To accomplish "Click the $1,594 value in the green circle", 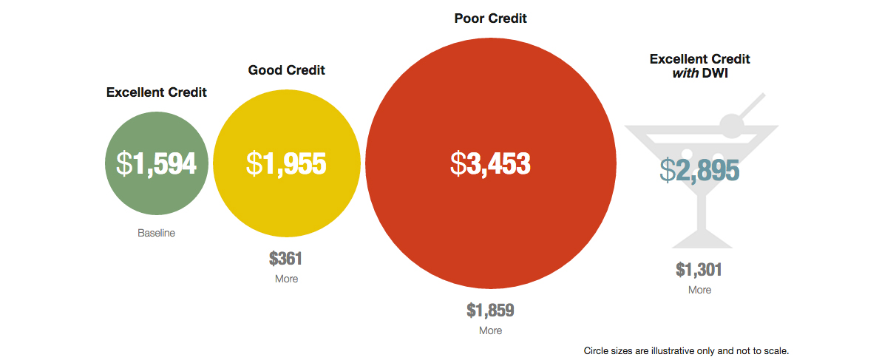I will pyautogui.click(x=157, y=163).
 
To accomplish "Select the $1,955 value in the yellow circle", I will pyautogui.click(x=286, y=163).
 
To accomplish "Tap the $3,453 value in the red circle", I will pyautogui.click(x=490, y=163).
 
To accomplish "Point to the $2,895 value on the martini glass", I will pyautogui.click(x=699, y=170).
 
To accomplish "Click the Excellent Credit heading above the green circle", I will pyautogui.click(x=157, y=92).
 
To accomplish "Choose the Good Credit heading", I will pyautogui.click(x=286, y=70).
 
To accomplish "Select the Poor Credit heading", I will pyautogui.click(x=490, y=18).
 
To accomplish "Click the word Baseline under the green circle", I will pyautogui.click(x=157, y=233).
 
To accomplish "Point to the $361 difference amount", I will pyautogui.click(x=286, y=259).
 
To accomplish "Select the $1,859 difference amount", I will pyautogui.click(x=490, y=310).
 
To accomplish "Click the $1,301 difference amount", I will pyautogui.click(x=699, y=270).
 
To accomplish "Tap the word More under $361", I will pyautogui.click(x=286, y=279).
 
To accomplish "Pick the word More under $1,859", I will pyautogui.click(x=490, y=330).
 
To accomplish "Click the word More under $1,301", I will pyautogui.click(x=699, y=290).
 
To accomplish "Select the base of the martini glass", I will pyautogui.click(x=701, y=242).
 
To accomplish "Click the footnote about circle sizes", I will pyautogui.click(x=686, y=350).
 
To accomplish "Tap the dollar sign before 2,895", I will pyautogui.click(x=668, y=170).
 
